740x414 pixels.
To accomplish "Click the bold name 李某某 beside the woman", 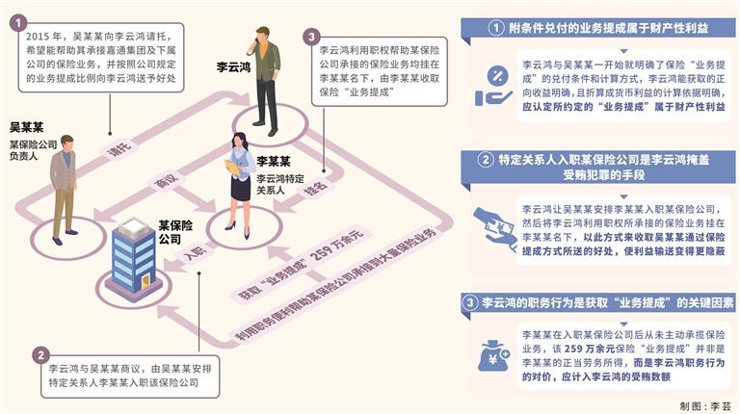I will click(x=274, y=162).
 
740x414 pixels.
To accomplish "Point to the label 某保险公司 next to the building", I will click(x=170, y=231).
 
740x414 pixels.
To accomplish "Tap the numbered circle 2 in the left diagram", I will click(x=40, y=354).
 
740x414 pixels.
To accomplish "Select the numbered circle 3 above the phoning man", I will click(x=310, y=37).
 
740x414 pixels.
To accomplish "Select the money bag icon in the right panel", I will click(x=492, y=357).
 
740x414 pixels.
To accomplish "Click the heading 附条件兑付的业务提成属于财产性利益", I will click(x=610, y=27).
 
